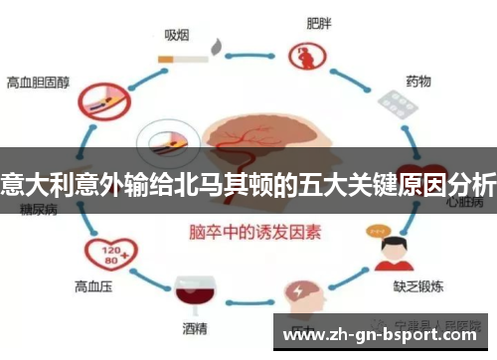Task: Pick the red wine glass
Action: pyautogui.click(x=188, y=291)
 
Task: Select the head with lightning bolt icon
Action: pyautogui.click(x=300, y=292)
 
